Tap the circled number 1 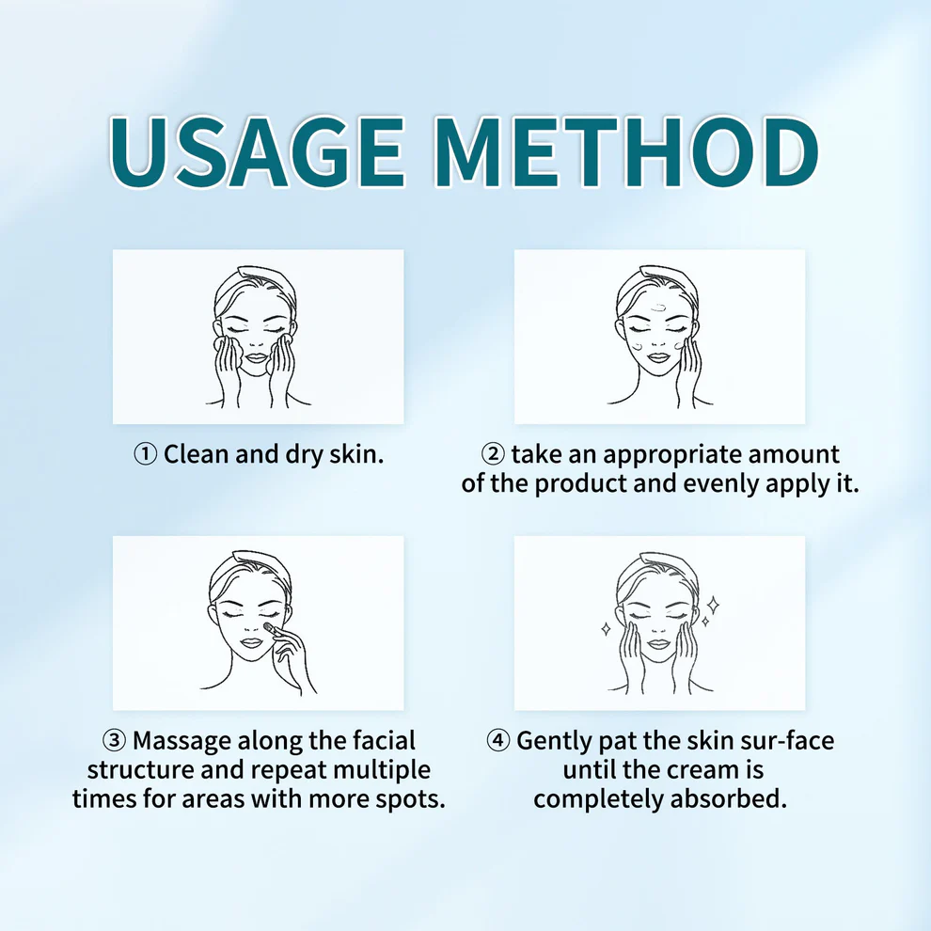(145, 455)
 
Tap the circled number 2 (492, 455)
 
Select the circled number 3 (114, 741)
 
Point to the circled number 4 (498, 741)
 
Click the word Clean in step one (197, 454)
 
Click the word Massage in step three (182, 742)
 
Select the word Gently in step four (554, 742)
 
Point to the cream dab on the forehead (659, 308)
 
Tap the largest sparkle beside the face (713, 605)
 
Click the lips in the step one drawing (257, 358)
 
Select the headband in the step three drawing (250, 562)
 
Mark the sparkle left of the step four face (606, 629)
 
